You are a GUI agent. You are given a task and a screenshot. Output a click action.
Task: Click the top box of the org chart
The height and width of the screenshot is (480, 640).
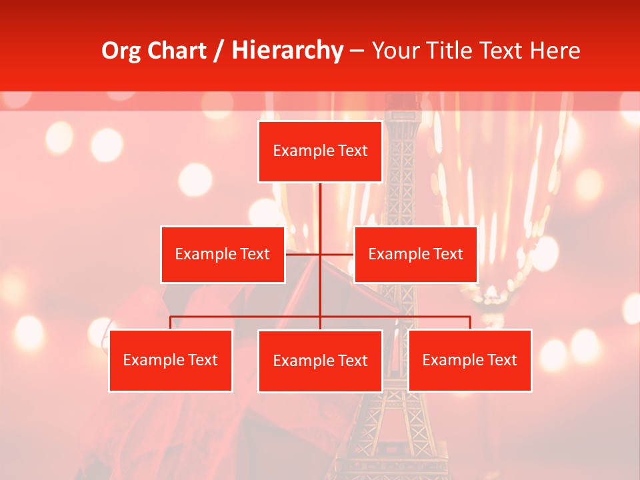coord(320,151)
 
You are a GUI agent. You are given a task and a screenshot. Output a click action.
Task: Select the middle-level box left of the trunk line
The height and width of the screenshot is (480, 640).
coord(223,254)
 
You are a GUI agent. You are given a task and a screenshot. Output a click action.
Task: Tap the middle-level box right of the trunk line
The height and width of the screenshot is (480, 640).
coord(415,254)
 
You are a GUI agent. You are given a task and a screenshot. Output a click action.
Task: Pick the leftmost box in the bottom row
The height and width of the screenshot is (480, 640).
coord(171,361)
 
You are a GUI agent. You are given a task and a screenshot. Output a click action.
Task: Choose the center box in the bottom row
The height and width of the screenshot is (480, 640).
coord(320,361)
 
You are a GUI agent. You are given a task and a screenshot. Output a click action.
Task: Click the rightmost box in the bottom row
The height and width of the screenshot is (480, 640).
coord(470,361)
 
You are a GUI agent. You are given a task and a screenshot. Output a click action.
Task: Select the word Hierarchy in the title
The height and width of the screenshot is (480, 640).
coord(287,51)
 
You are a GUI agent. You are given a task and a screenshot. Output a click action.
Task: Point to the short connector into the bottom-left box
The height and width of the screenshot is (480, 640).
coord(171,323)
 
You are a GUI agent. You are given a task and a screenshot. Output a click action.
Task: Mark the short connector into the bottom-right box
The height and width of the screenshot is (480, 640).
coord(470,323)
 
